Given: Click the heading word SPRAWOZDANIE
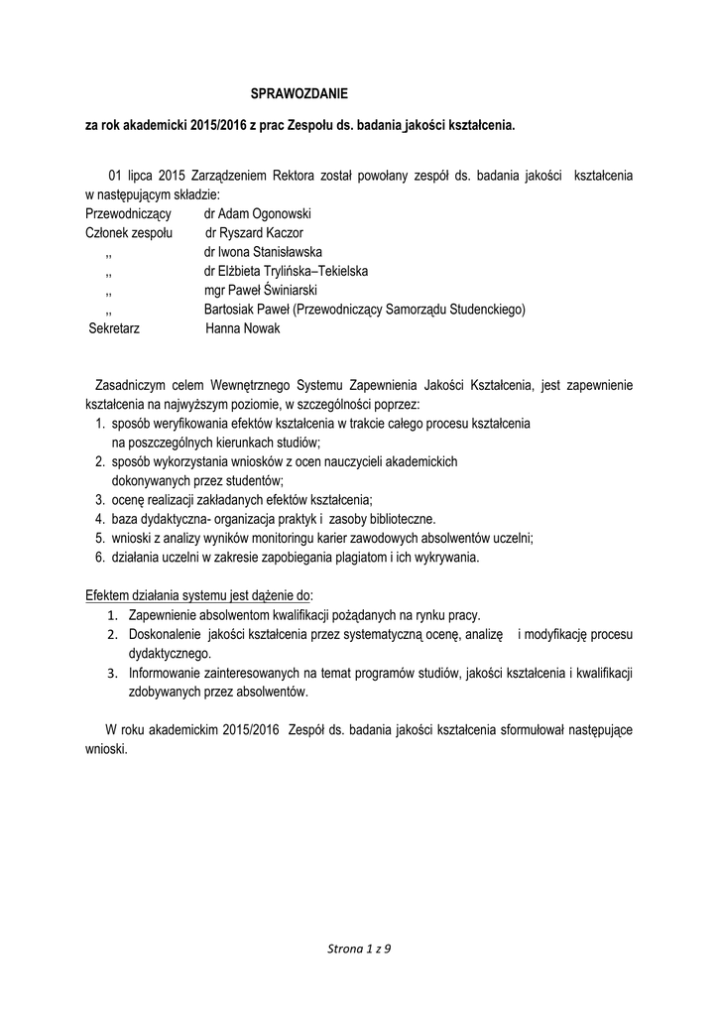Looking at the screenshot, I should click(x=300, y=94).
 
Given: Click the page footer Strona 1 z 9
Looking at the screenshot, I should click(x=359, y=950).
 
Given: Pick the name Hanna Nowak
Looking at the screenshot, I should click(x=243, y=328).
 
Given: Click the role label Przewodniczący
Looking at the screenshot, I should click(x=129, y=214).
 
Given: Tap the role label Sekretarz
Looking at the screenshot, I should click(x=115, y=328).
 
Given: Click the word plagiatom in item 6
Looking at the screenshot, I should click(x=376, y=557).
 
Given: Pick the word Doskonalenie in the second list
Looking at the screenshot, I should click(x=163, y=635).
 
